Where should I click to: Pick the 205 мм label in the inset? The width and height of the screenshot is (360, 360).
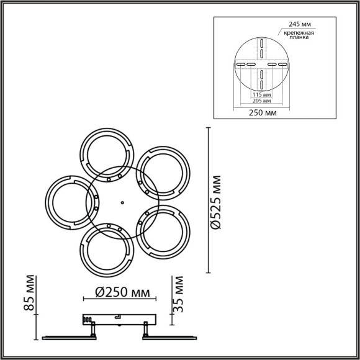coord(261,100)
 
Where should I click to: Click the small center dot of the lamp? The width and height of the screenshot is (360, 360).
coord(122,201)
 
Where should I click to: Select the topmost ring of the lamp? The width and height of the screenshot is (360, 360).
coord(106,153)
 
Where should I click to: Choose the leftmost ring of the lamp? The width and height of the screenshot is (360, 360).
coord(70,201)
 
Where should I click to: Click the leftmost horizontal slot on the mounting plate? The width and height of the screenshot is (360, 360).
coord(239,64)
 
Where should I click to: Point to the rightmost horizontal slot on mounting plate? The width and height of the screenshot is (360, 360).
coord(282,64)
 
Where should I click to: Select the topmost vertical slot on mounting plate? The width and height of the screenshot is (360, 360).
coord(261,43)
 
